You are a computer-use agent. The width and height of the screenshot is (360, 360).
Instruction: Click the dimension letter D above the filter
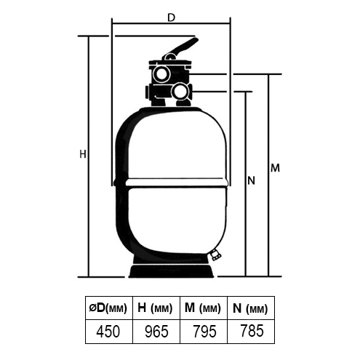(171, 17)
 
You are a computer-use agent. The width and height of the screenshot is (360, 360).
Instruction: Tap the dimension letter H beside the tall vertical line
(83, 154)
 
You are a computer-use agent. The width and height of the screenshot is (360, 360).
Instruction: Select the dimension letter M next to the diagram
(275, 168)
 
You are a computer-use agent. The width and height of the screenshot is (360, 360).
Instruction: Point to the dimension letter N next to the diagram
(251, 180)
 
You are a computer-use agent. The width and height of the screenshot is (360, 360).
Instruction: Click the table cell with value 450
(109, 332)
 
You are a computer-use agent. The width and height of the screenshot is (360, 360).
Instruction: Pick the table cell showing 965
(156, 332)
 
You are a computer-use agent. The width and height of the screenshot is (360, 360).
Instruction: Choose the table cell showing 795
(204, 332)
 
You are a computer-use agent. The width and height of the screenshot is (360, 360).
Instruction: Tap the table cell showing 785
(251, 332)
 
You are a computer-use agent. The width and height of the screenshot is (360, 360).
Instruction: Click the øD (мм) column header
(109, 308)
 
